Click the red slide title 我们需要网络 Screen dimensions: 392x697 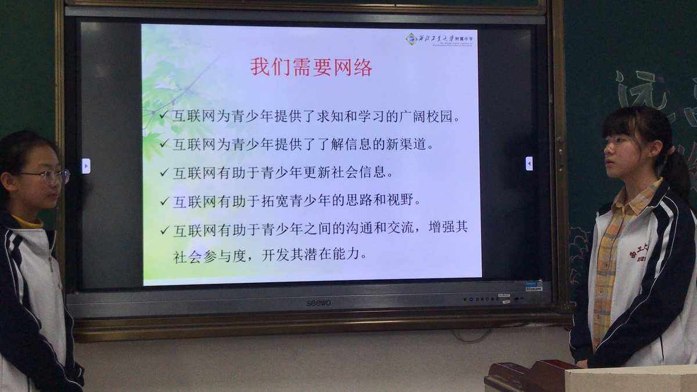(311, 67)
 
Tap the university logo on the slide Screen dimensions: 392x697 (412, 39)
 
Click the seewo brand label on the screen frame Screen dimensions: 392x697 (318, 303)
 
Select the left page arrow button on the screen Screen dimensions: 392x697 (86, 166)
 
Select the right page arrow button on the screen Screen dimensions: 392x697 (529, 163)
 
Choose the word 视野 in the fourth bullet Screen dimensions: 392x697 (404, 201)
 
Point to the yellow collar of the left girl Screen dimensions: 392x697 (28, 222)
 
